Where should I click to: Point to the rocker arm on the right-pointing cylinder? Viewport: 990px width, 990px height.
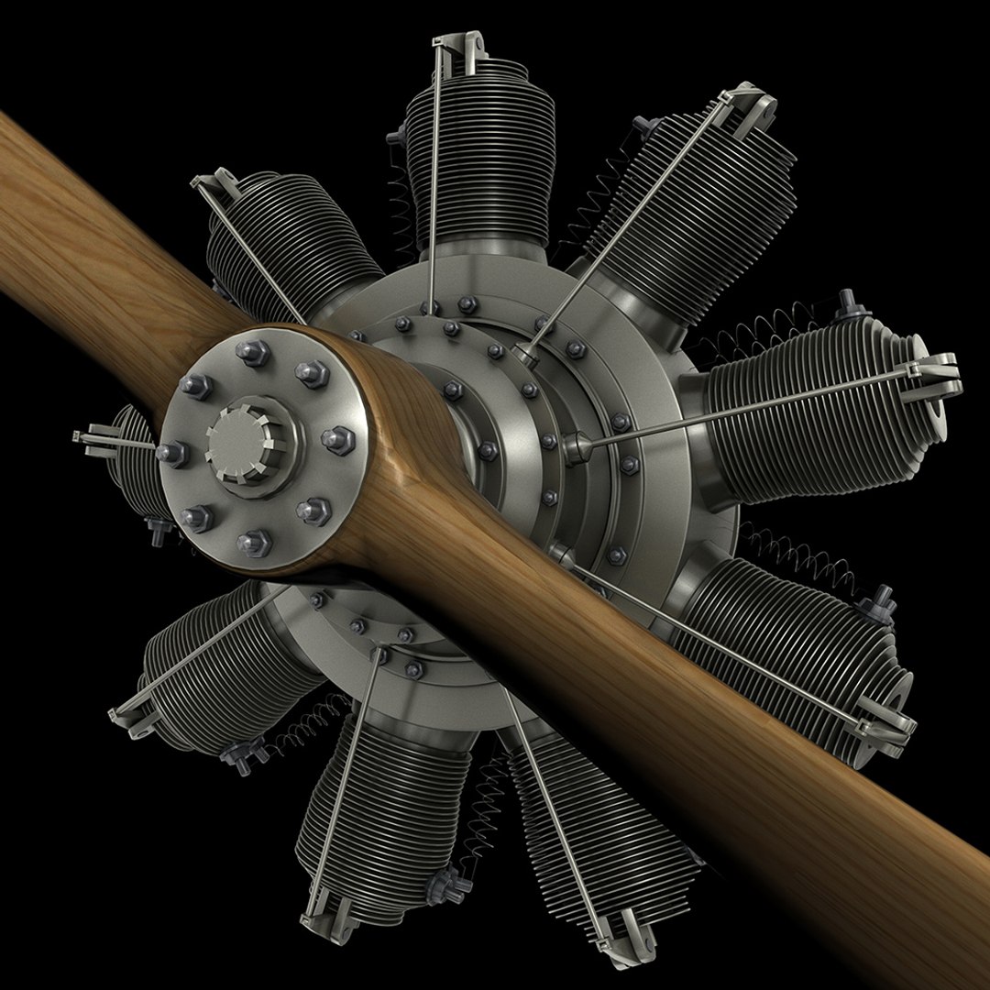click(x=930, y=376)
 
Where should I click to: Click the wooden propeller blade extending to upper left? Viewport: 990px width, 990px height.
click(x=101, y=238)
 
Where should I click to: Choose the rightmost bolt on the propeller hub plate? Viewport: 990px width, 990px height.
click(x=337, y=439)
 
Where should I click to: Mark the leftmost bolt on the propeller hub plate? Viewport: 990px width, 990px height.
click(x=172, y=452)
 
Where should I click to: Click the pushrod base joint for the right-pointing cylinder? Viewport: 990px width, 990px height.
click(x=577, y=448)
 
